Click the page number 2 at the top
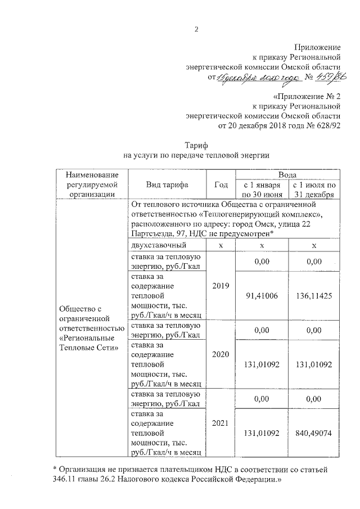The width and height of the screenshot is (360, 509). click(x=197, y=29)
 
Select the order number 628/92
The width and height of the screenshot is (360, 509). click(x=328, y=125)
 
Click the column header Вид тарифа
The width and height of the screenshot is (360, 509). click(x=167, y=184)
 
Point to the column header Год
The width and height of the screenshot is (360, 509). click(x=221, y=184)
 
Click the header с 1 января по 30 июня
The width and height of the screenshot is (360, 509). click(x=262, y=190)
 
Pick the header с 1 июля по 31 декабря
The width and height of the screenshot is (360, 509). click(x=314, y=190)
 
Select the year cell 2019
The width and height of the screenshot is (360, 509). click(x=221, y=286)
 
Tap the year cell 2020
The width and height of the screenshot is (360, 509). click(x=221, y=355)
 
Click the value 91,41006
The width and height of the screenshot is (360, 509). click(x=262, y=296)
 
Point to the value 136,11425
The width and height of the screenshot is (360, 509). click(x=314, y=296)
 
